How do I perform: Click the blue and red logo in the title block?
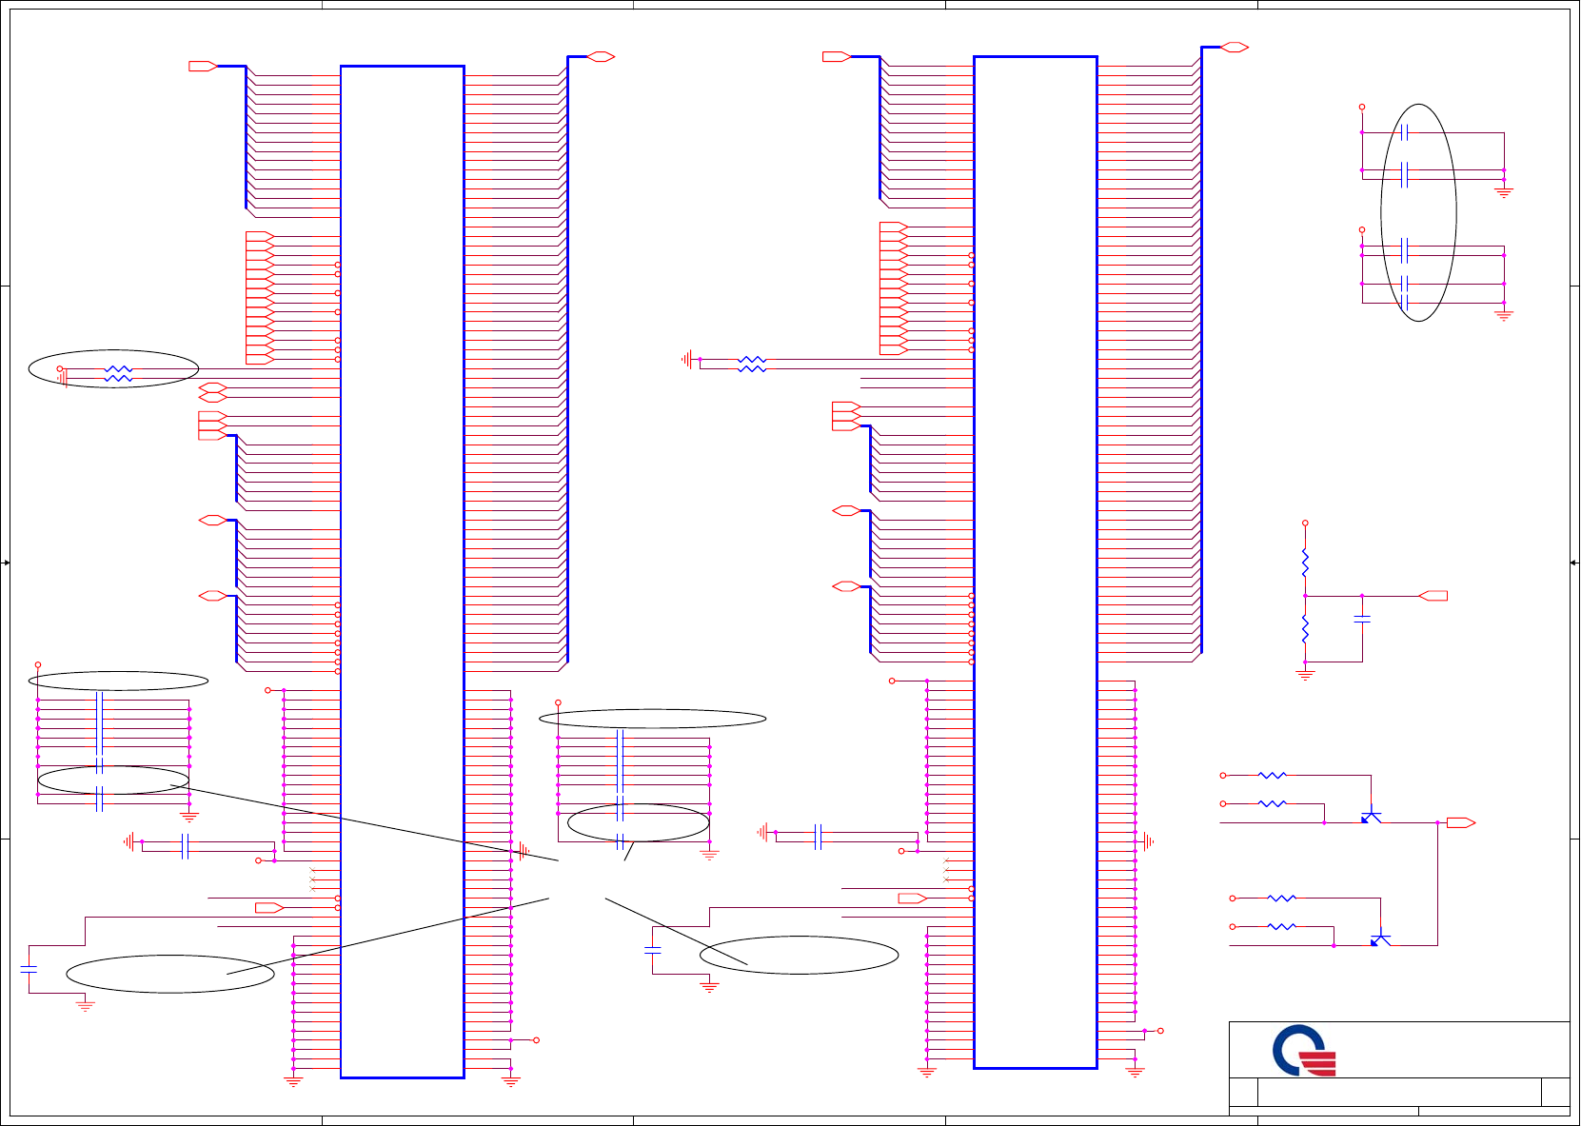(1304, 1051)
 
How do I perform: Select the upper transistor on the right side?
(1371, 817)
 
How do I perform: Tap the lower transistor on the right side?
(1380, 939)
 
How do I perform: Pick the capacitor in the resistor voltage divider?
(1362, 619)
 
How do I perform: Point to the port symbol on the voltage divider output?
(1433, 596)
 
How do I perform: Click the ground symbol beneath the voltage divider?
(1305, 675)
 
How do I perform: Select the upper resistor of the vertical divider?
(1305, 563)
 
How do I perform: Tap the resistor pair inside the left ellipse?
(118, 373)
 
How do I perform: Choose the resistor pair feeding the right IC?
(752, 364)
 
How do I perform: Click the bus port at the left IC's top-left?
(203, 66)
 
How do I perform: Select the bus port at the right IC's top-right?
(1235, 47)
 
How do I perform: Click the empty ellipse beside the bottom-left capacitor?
(170, 974)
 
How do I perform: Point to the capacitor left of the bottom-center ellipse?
(653, 950)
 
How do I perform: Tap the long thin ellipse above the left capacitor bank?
(119, 681)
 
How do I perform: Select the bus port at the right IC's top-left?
(836, 56)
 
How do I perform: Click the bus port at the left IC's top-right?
(601, 56)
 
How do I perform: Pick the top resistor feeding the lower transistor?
(1282, 898)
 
